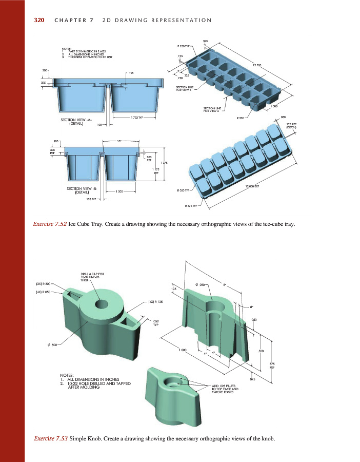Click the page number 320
(x=39, y=20)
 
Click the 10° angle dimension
(x=119, y=140)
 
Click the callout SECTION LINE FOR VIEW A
(x=212, y=109)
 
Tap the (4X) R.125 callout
(x=155, y=302)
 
